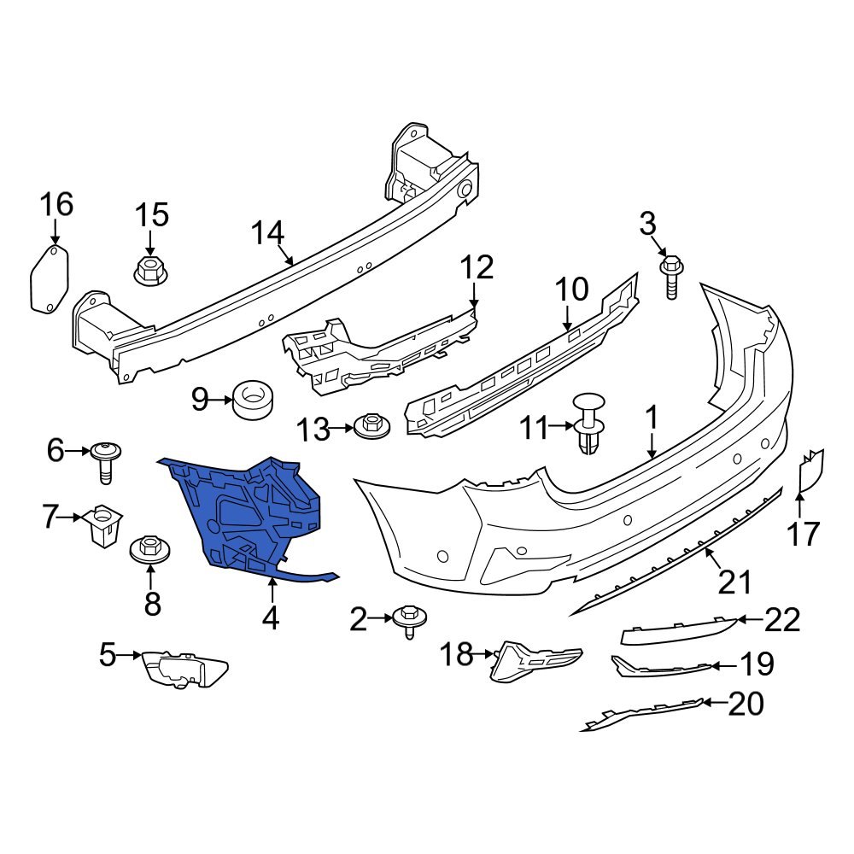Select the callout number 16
click(56, 206)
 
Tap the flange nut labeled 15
click(151, 271)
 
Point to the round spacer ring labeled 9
click(254, 400)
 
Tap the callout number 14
click(267, 233)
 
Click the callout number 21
click(734, 582)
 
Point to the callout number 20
click(746, 704)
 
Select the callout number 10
click(573, 290)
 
